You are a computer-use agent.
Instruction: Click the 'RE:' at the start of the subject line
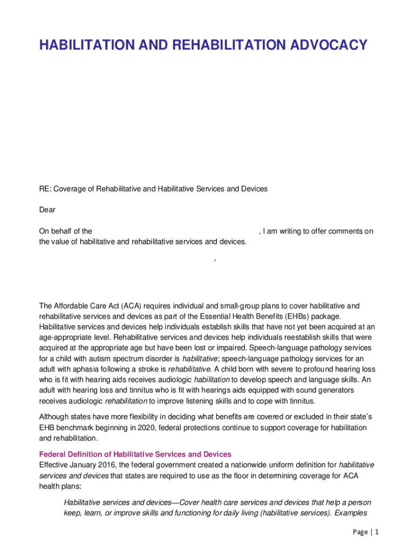tap(45, 189)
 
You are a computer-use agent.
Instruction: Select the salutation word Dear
tap(47, 210)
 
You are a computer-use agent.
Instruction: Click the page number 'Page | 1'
tap(366, 532)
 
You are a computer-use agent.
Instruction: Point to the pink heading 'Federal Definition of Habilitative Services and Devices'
tap(135, 454)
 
